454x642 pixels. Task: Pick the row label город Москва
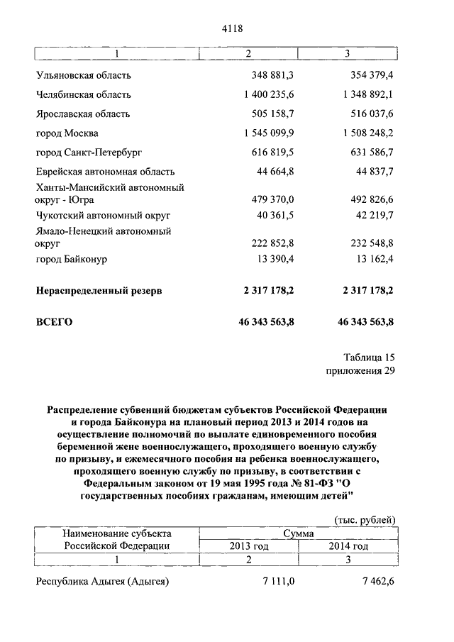[67, 133]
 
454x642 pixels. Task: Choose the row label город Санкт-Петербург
[84, 152]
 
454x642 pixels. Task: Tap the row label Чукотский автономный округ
[103, 214]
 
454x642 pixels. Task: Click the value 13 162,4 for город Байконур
[370, 259]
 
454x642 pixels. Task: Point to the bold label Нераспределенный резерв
[99, 291]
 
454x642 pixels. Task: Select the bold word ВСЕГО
[54, 321]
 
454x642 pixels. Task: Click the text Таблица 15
[368, 357]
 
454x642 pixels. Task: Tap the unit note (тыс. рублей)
[364, 520]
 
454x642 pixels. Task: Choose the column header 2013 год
[248, 546]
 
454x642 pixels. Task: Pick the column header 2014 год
[348, 546]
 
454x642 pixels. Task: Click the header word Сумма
[298, 533]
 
